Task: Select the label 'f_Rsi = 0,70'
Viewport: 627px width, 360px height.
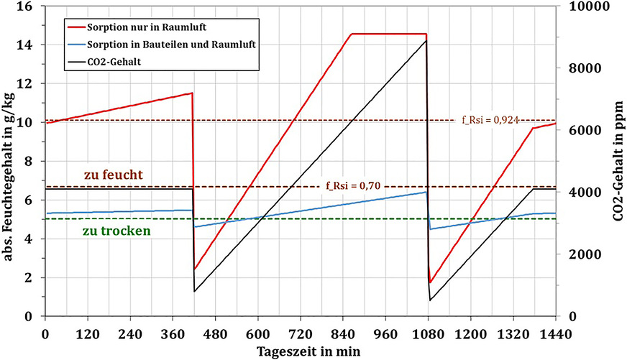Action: click(352, 186)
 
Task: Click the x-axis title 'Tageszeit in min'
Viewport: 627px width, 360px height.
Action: click(301, 351)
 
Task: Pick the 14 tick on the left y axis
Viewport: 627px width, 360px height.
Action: click(30, 45)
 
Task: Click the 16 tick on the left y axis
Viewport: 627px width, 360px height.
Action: click(30, 6)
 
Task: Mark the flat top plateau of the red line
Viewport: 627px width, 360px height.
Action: click(388, 34)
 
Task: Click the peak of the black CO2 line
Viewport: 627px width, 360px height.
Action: click(426, 41)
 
